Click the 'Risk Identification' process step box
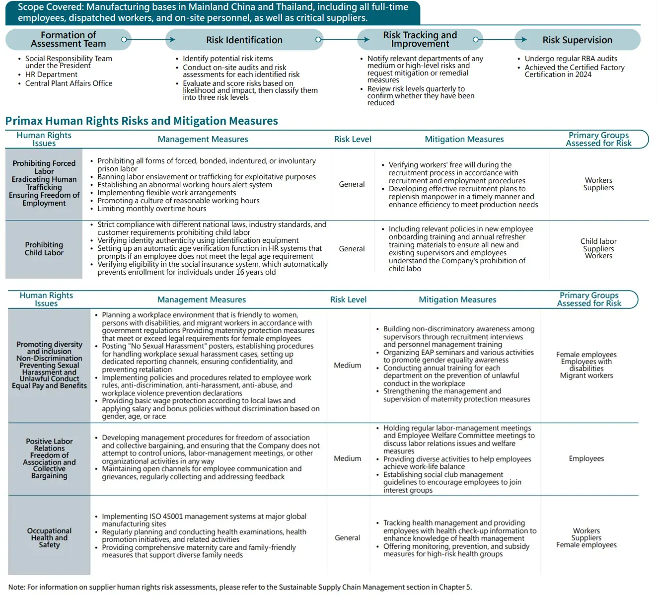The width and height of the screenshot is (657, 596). click(x=244, y=40)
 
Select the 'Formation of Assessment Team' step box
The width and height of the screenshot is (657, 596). click(x=68, y=39)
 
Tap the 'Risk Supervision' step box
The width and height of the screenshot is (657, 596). click(x=577, y=40)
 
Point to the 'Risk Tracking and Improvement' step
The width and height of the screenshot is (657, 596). click(x=420, y=39)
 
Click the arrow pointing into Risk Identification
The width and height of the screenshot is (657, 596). click(x=170, y=39)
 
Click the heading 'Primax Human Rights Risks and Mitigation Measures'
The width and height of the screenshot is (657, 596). click(x=142, y=121)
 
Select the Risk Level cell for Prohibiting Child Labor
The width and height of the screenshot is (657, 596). click(x=352, y=248)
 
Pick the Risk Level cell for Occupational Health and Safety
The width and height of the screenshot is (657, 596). click(x=347, y=537)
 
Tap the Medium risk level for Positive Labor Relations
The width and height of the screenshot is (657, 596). click(x=347, y=458)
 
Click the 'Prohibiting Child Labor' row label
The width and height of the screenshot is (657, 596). click(x=44, y=248)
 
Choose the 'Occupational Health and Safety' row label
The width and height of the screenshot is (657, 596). click(x=49, y=537)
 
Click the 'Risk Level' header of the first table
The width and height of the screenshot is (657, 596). click(x=353, y=139)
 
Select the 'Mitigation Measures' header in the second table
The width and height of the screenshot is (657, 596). click(x=457, y=299)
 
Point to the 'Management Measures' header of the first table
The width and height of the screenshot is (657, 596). click(x=203, y=139)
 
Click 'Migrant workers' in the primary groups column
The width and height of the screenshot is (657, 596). click(x=586, y=375)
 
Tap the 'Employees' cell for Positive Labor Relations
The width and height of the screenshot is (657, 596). click(x=586, y=458)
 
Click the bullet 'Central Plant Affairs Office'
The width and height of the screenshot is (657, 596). click(x=69, y=83)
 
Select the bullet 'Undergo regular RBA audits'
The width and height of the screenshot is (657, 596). click(x=571, y=59)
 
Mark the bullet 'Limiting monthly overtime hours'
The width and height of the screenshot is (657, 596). click(x=151, y=209)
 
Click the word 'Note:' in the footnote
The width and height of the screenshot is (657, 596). click(x=17, y=587)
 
